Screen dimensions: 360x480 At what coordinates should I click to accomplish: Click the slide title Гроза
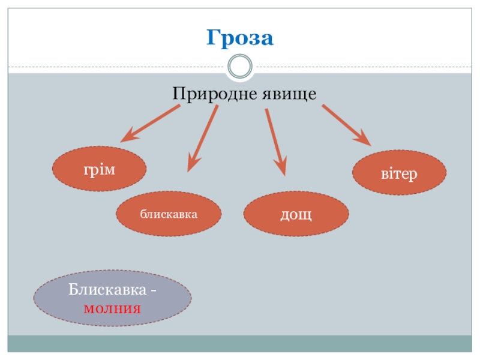click(240, 38)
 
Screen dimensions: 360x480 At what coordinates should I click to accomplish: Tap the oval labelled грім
click(100, 169)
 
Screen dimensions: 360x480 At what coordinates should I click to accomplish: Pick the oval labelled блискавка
click(169, 214)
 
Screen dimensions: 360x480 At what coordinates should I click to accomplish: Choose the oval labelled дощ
click(296, 214)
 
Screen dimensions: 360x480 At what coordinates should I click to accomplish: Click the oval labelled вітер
click(399, 173)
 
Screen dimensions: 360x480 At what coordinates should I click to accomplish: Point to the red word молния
click(112, 309)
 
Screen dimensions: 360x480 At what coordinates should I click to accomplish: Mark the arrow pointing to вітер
click(346, 125)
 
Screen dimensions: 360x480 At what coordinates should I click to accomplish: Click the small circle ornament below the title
click(240, 66)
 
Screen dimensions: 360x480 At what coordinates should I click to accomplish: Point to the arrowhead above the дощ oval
click(280, 167)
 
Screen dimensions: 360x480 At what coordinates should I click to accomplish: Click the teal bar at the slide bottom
click(240, 344)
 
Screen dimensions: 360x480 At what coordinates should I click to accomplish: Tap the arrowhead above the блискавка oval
click(193, 163)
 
